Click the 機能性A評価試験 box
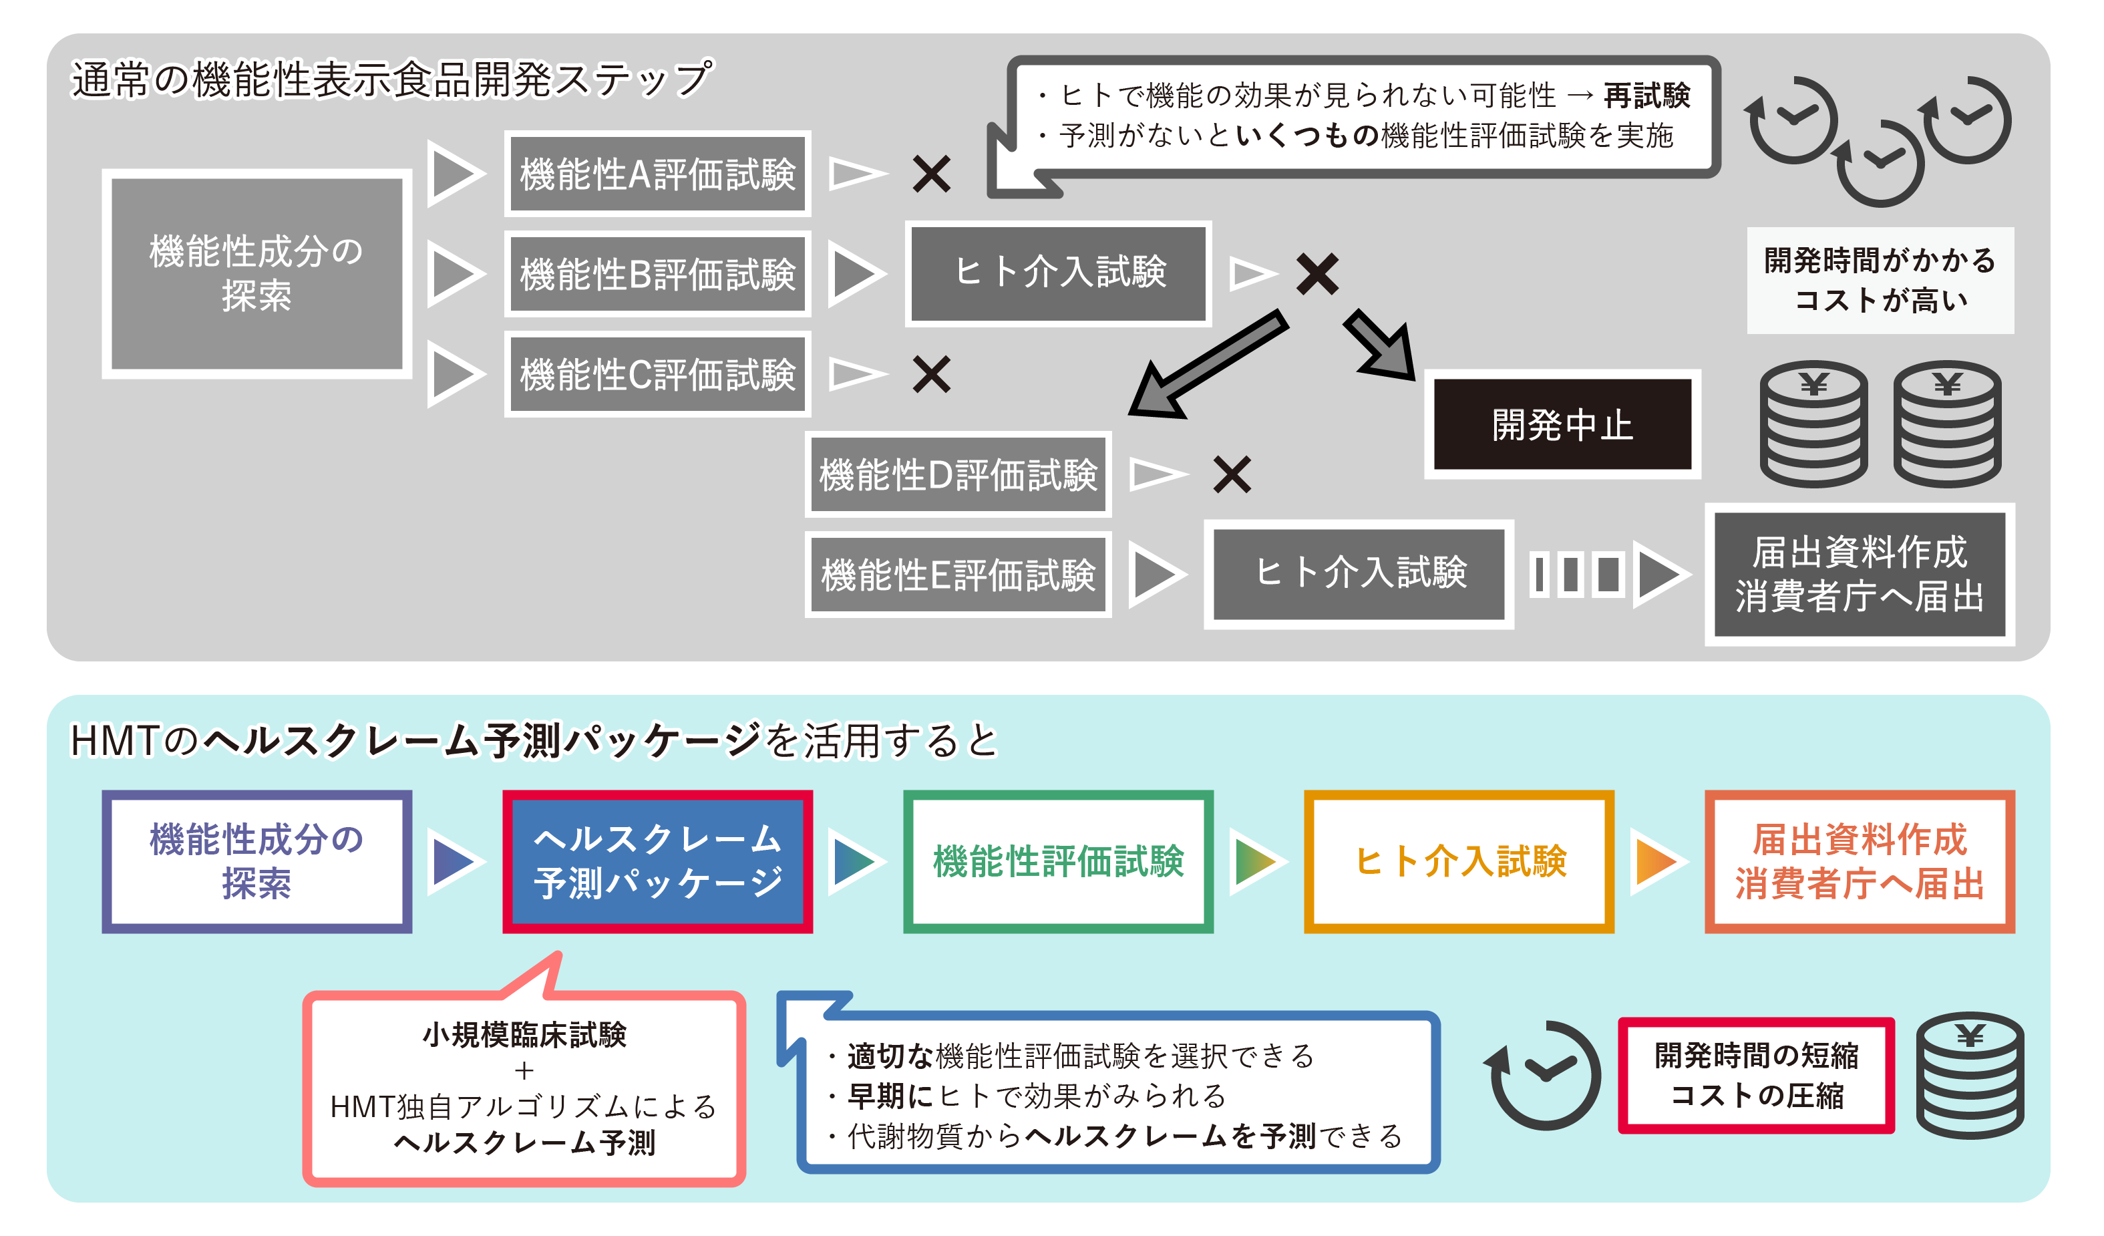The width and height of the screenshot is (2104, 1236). click(657, 174)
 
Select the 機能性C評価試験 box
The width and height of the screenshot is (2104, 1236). click(657, 374)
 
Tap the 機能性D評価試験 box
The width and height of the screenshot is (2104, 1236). click(958, 474)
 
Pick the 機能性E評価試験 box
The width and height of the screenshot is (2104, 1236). click(958, 575)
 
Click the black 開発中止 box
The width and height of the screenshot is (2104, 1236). click(1562, 424)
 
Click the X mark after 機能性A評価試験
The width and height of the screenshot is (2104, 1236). click(931, 174)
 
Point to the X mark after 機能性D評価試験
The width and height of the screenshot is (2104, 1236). click(1232, 474)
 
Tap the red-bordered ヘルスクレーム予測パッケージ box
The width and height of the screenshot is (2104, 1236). click(657, 861)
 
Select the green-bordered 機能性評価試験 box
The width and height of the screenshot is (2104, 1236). click(1058, 861)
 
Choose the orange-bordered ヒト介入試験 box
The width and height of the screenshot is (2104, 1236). click(1459, 861)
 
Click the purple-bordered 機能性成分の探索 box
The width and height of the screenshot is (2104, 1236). click(256, 861)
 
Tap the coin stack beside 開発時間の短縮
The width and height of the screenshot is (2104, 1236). click(1970, 1077)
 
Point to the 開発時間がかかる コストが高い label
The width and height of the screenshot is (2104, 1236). click(1880, 281)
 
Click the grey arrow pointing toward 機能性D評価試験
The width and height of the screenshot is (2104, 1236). click(1202, 367)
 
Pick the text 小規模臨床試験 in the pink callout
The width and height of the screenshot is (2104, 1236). click(524, 1035)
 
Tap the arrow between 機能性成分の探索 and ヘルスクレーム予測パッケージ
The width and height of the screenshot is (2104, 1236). click(454, 861)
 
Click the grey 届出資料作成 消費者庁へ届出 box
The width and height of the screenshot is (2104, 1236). click(1860, 575)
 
